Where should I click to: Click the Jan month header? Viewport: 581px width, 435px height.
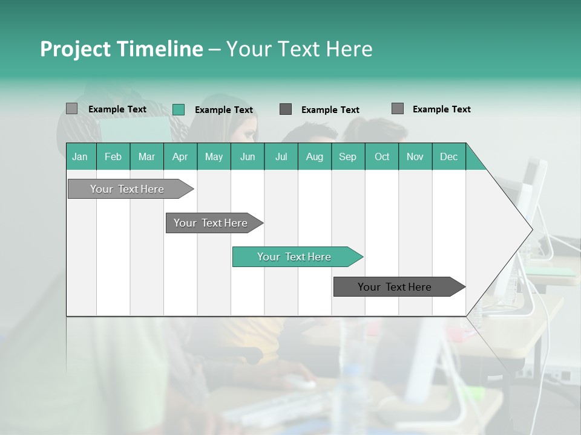point(80,156)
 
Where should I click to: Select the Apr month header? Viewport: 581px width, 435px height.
point(180,156)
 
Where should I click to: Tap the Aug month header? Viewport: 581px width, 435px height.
point(315,156)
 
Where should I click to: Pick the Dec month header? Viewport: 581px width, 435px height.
point(449,156)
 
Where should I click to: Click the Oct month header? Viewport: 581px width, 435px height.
point(382,156)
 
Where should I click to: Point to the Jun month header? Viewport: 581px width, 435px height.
point(248,156)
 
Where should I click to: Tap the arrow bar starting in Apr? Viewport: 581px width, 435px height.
point(212,223)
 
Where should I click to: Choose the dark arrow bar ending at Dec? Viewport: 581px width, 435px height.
point(397,287)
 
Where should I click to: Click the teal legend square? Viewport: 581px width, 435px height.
point(179,109)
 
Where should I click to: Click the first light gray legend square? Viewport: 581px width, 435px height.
point(72,109)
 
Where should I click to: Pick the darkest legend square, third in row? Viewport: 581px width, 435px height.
point(286,109)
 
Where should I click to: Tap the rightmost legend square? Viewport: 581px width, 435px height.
point(398,109)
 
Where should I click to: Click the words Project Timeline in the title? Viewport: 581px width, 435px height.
point(121,49)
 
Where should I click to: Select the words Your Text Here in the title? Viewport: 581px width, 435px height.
point(300,49)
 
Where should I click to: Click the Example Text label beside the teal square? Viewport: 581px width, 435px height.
point(224,110)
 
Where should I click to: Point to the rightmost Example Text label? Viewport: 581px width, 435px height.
point(442,109)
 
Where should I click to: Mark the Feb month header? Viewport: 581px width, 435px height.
point(113,156)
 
